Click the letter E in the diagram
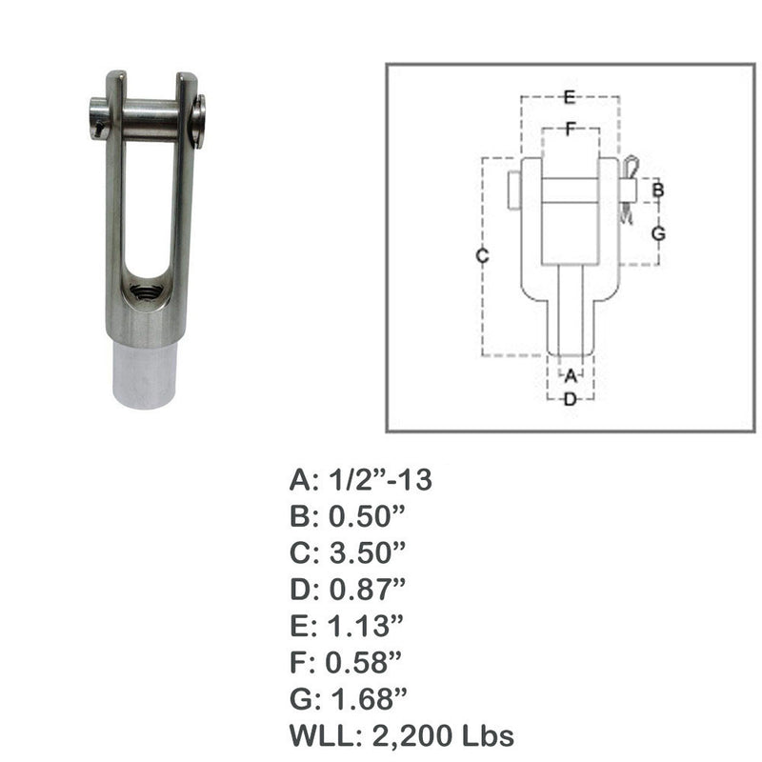569,96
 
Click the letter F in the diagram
569,130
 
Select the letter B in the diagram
657,190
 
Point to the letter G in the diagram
657,233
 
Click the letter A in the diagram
570,375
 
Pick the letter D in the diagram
570,399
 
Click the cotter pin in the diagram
627,190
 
